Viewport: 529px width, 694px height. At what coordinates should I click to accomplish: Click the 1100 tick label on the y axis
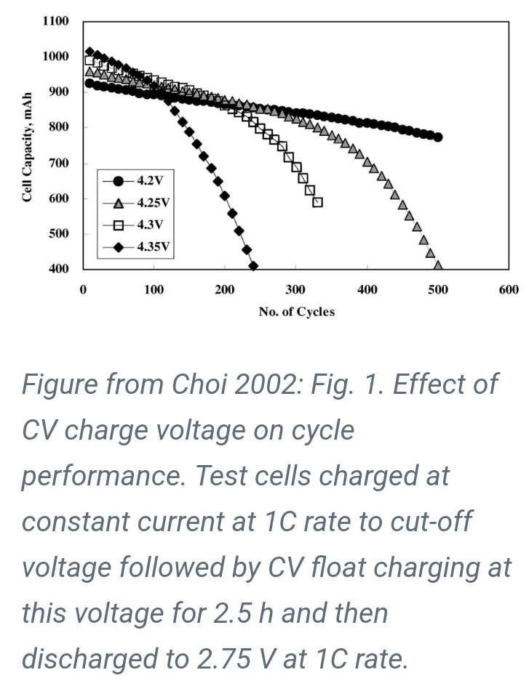tap(55, 21)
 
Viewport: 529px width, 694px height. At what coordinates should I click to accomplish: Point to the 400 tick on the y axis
tap(58, 269)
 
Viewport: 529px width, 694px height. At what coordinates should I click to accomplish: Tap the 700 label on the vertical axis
tap(58, 163)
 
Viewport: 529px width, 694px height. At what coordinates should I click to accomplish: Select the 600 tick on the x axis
tap(509, 289)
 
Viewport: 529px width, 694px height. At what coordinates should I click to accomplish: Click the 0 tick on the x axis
tap(83, 289)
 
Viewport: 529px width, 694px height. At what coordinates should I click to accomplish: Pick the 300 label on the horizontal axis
tap(295, 289)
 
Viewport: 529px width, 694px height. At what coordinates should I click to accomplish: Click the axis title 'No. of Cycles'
tap(296, 312)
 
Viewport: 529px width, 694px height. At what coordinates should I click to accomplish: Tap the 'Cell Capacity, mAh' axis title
tap(27, 148)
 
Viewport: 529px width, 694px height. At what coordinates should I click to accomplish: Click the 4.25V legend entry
tap(137, 202)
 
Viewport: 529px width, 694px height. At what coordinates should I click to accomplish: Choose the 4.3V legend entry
tap(137, 225)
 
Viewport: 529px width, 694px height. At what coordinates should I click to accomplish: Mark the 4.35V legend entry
tap(137, 246)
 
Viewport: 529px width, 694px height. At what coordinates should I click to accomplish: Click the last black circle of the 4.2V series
tap(437, 137)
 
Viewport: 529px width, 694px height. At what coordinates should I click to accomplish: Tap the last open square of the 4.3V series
tap(317, 202)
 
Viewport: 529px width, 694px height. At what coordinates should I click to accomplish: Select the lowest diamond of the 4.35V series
tap(253, 267)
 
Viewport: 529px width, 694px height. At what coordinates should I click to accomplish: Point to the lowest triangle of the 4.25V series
tap(438, 266)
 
